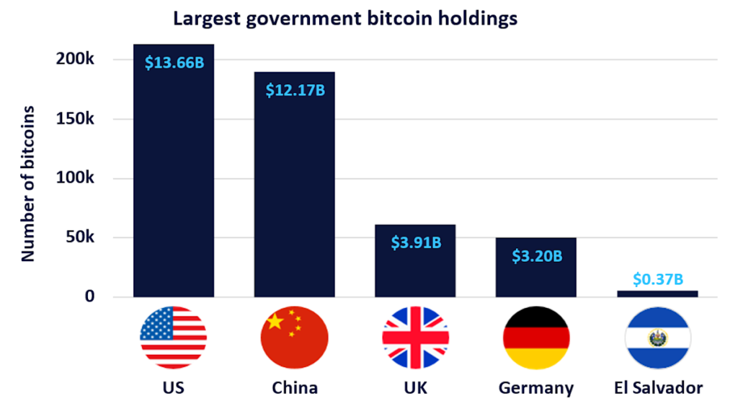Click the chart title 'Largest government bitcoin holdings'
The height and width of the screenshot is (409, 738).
click(344, 19)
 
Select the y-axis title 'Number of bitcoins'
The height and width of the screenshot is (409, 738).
click(28, 183)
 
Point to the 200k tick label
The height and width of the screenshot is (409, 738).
click(76, 59)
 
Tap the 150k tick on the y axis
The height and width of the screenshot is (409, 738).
click(76, 119)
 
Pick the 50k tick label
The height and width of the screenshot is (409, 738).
click(79, 237)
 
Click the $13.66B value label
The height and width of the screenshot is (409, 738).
click(174, 62)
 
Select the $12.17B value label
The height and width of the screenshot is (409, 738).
click(295, 91)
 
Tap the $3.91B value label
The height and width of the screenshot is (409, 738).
click(416, 242)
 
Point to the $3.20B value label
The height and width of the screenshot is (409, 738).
click(537, 255)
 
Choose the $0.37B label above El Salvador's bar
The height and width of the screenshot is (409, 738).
click(657, 278)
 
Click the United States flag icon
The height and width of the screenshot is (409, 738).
click(174, 337)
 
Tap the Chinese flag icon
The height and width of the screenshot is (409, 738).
click(295, 337)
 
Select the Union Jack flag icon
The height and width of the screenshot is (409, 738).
click(416, 337)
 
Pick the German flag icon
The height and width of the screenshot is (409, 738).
click(536, 337)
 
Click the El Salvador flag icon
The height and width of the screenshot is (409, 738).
click(657, 337)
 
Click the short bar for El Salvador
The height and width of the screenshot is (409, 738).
click(657, 294)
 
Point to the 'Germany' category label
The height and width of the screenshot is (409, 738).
click(536, 388)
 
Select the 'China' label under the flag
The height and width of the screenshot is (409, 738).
click(295, 388)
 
